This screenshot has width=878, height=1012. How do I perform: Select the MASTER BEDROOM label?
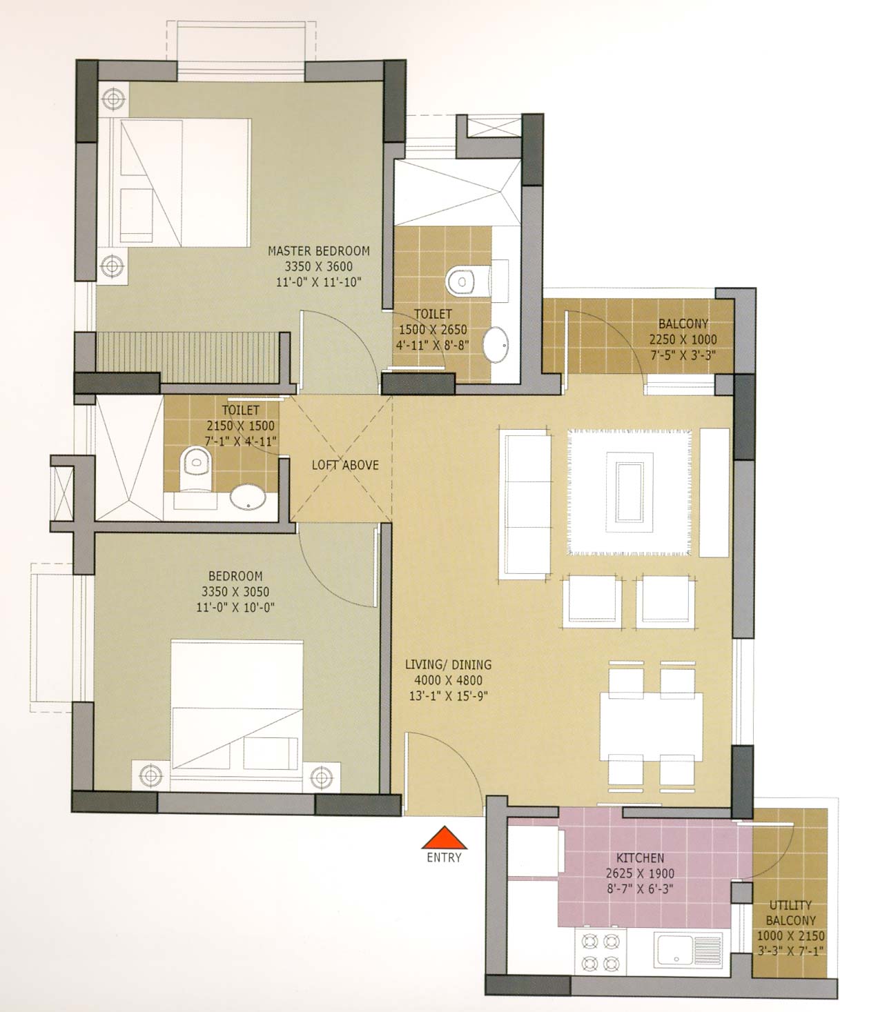318,251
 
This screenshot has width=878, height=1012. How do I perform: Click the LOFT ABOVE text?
345,465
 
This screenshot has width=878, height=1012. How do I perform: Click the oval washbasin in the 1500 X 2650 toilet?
496,345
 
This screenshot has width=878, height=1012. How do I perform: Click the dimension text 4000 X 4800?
448,680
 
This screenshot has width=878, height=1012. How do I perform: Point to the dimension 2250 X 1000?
683,339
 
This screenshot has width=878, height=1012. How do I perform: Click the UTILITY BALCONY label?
790,899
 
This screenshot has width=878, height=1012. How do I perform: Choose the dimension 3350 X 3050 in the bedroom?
235,591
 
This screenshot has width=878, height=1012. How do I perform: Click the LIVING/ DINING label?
448,664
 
